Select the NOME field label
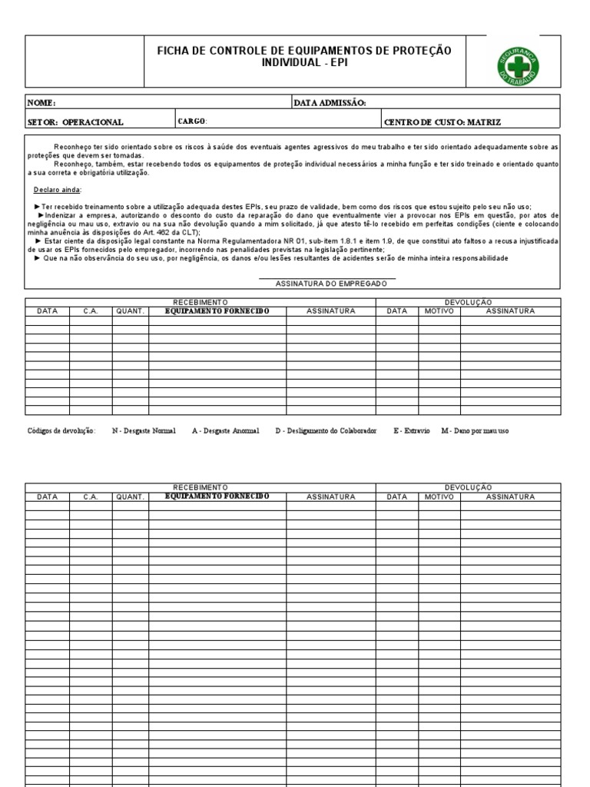click(41, 103)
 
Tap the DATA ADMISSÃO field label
click(330, 103)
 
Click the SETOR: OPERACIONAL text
click(75, 122)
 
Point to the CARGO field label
click(192, 121)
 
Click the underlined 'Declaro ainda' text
click(57, 189)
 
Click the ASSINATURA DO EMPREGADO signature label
click(331, 284)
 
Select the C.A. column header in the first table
click(91, 311)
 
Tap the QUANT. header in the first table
click(131, 311)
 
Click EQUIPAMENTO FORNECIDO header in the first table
click(217, 311)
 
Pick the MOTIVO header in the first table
click(439, 311)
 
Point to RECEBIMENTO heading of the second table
click(201, 488)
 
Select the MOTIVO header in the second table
click(439, 497)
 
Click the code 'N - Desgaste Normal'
click(144, 431)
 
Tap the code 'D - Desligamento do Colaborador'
click(326, 431)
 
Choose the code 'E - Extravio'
click(412, 431)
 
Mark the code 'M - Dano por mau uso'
click(475, 431)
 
